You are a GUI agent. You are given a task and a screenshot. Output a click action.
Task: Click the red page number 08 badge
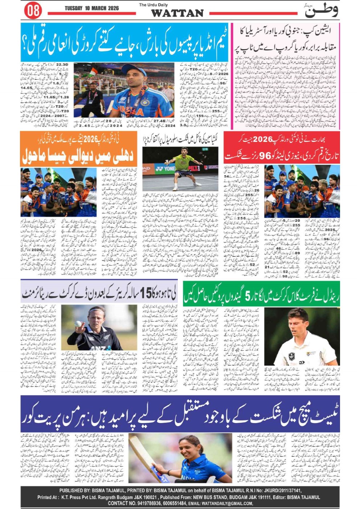tap(33, 10)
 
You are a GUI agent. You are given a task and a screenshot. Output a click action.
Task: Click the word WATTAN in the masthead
tap(177, 13)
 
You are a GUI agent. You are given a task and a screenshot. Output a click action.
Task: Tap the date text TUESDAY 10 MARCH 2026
tap(92, 8)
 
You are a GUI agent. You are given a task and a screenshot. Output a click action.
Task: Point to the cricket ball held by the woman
tap(78, 323)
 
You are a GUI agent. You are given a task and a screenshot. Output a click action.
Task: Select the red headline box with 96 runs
tap(282, 148)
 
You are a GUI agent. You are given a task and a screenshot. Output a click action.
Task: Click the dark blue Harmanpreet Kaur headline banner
tap(180, 414)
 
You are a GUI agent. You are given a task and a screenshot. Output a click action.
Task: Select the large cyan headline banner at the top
tap(124, 42)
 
